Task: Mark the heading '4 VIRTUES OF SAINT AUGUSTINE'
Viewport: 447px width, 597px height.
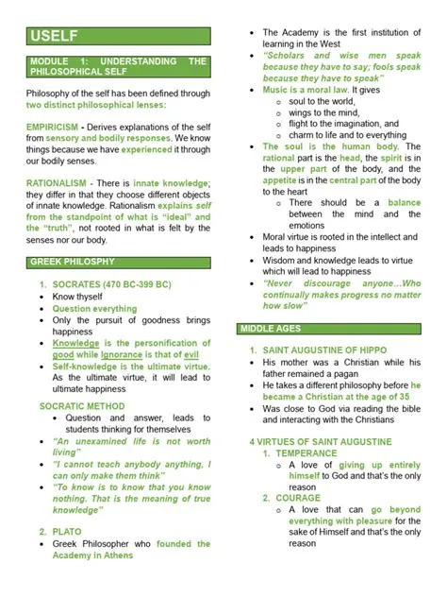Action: [x=320, y=441]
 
